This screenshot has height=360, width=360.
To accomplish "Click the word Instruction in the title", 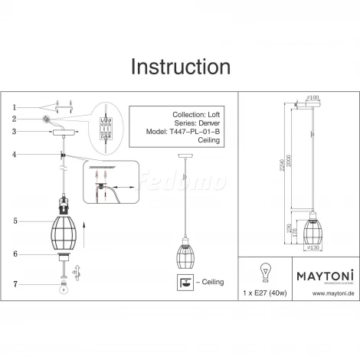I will click(x=179, y=67).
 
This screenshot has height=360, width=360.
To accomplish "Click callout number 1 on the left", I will click(x=14, y=106).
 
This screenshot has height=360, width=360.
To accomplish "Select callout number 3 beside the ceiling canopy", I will click(x=14, y=131).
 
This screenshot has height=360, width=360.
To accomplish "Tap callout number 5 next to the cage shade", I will click(x=14, y=221).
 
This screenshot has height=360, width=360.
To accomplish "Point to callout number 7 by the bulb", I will click(x=14, y=284).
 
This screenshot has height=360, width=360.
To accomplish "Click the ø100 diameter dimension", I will click(x=312, y=98).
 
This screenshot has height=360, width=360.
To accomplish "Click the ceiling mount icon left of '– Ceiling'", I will click(x=185, y=283).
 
